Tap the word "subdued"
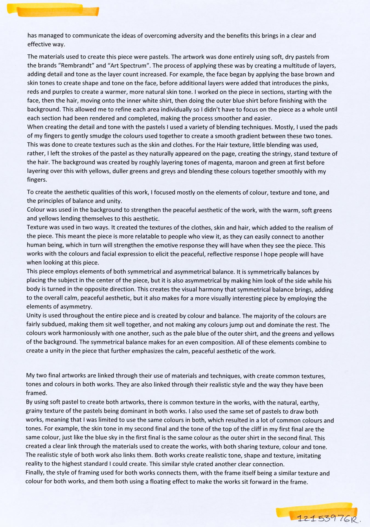tap(54, 325)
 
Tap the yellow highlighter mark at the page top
tap(53, 10)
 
